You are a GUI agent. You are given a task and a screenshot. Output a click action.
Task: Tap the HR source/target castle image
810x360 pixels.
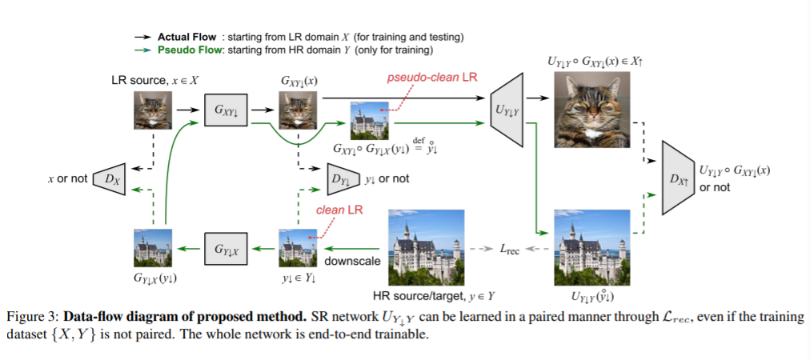point(426,248)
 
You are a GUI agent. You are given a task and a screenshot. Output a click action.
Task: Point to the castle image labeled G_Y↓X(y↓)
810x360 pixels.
point(152,248)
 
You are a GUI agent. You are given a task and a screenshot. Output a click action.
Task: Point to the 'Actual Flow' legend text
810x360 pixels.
point(186,37)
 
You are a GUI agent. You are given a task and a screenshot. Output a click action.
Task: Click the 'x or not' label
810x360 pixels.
point(67,179)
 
